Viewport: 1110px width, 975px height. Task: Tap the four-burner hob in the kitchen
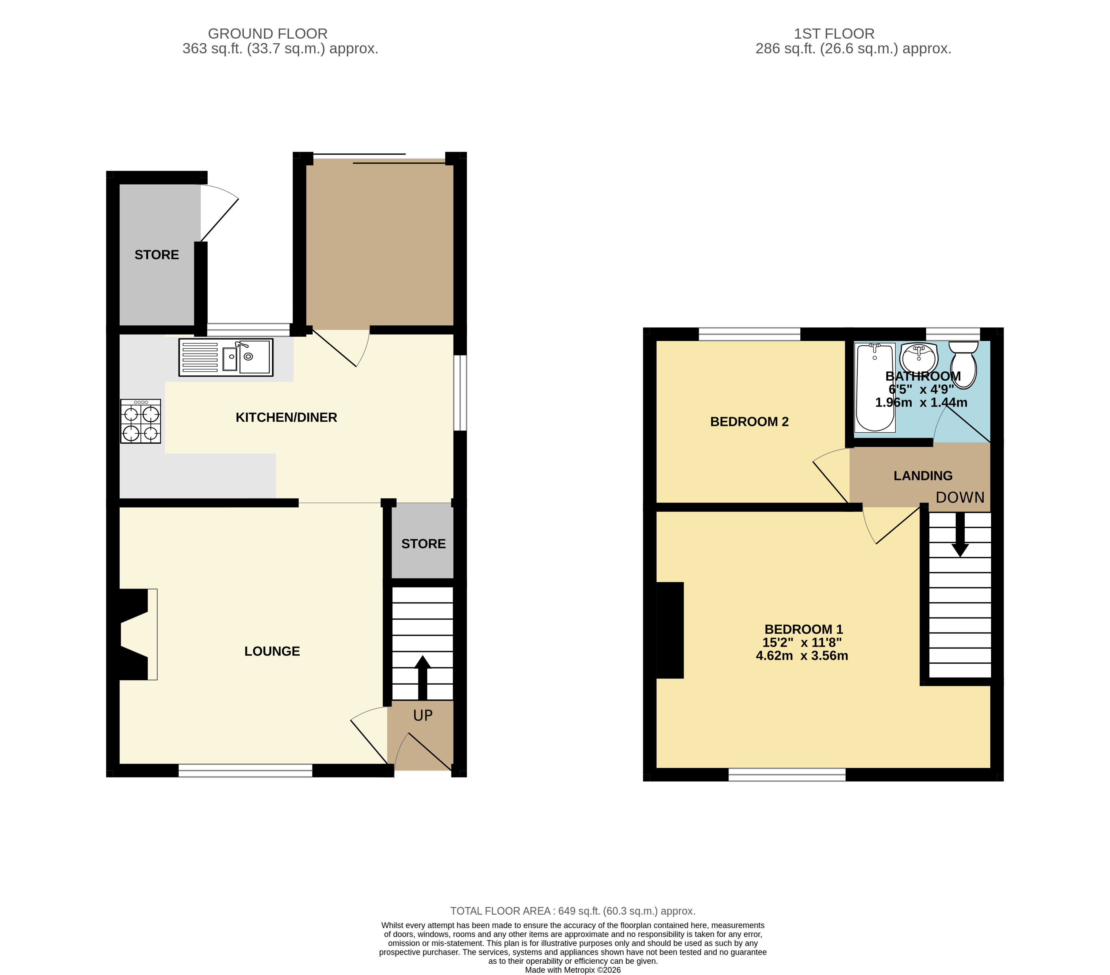click(x=141, y=421)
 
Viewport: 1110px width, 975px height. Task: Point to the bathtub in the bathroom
click(x=875, y=387)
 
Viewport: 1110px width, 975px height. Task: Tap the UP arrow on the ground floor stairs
click(x=423, y=678)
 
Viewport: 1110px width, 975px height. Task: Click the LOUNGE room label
click(x=272, y=651)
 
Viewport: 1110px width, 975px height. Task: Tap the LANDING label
click(x=923, y=476)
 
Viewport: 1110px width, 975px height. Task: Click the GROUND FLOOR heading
click(x=268, y=34)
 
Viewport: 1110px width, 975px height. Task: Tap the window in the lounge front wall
click(x=246, y=770)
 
